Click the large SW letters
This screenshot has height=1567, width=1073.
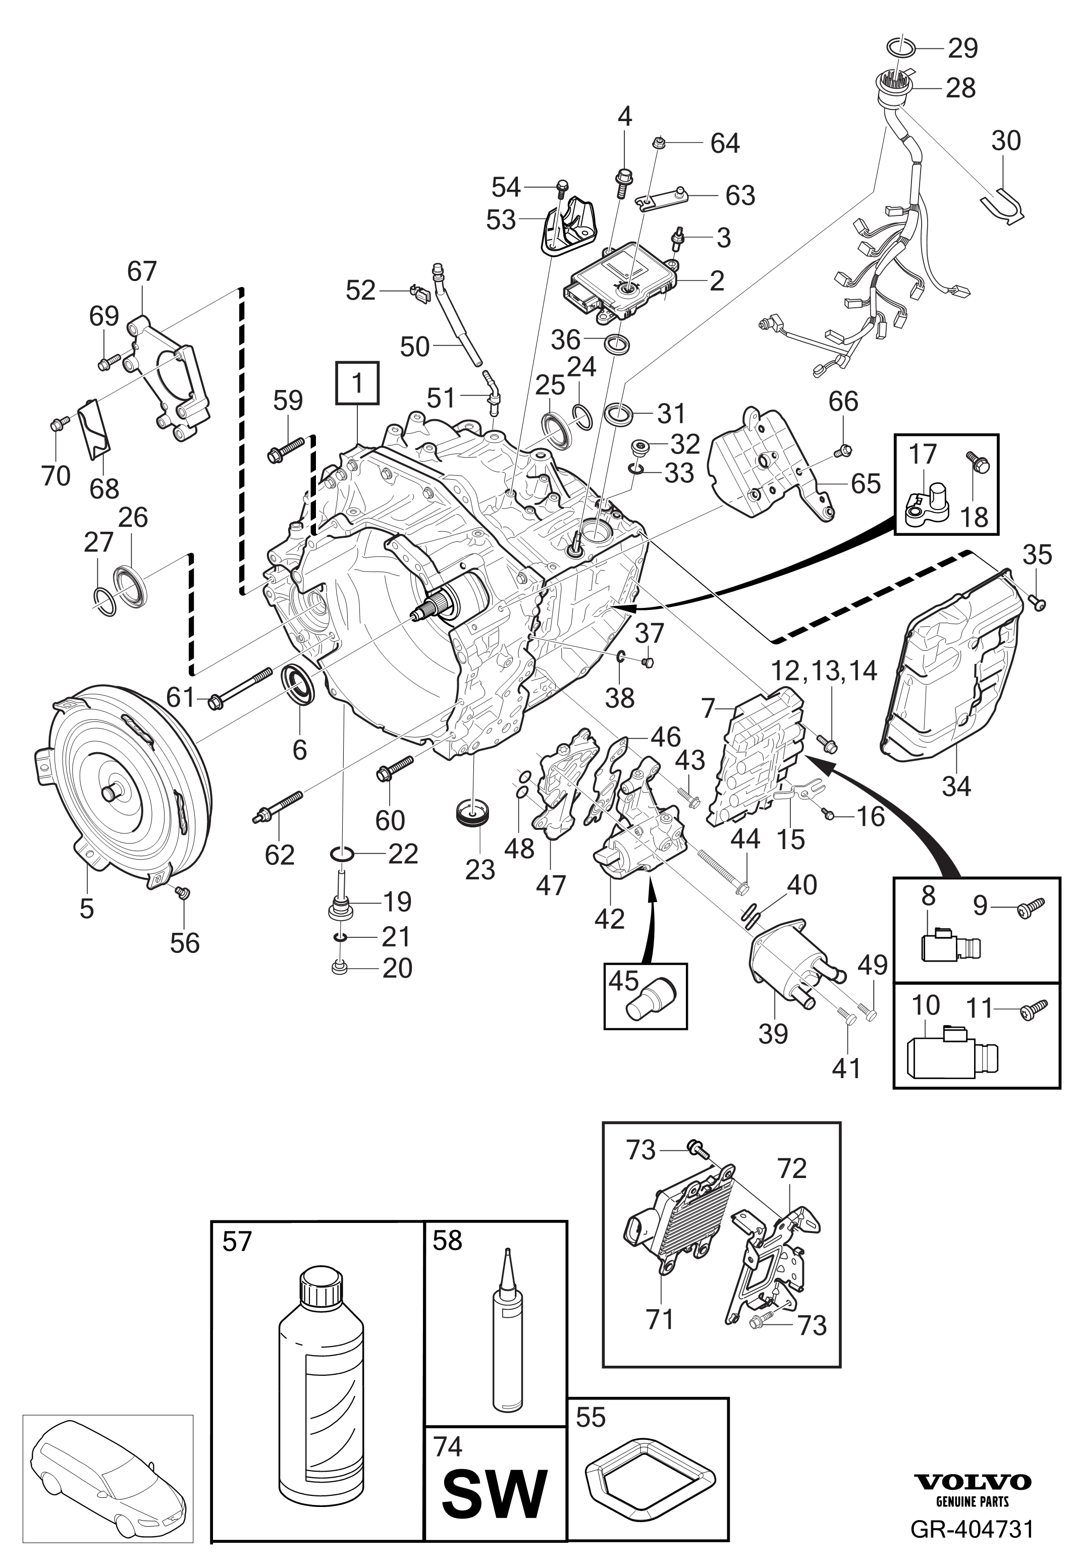pyautogui.click(x=495, y=1493)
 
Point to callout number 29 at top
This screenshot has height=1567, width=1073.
pyautogui.click(x=962, y=48)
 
